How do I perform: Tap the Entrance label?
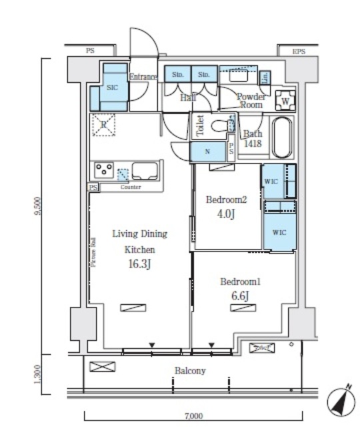pyautogui.click(x=142, y=77)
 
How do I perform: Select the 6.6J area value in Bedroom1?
pyautogui.click(x=240, y=296)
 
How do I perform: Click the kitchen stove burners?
pyautogui.click(x=104, y=169)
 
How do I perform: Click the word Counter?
pyautogui.click(x=130, y=187)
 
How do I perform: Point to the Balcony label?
pyautogui.click(x=190, y=371)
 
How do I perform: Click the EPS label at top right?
pyautogui.click(x=298, y=51)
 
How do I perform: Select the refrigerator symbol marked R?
pyautogui.click(x=105, y=125)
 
